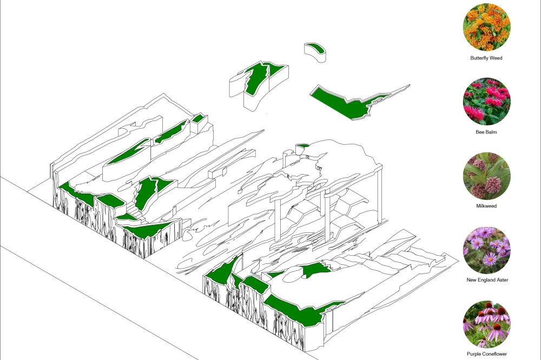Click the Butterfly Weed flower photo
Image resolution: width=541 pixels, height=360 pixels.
click(x=486, y=27)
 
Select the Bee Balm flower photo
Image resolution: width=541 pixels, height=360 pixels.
click(x=486, y=101)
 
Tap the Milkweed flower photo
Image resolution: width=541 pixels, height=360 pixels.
click(x=486, y=176)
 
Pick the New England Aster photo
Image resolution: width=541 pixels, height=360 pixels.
click(x=486, y=250)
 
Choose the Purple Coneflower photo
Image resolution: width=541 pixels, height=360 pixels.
click(x=486, y=324)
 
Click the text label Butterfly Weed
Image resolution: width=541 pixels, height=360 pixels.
click(x=486, y=58)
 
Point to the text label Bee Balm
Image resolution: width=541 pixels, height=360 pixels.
click(x=486, y=132)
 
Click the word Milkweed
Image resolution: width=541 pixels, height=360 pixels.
click(x=486, y=206)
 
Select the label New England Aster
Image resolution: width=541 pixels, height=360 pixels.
click(x=487, y=280)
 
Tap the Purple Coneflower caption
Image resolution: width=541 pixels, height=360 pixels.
click(x=487, y=354)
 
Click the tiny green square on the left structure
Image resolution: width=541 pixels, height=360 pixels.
click(x=197, y=119)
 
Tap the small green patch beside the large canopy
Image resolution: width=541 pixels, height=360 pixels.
click(x=302, y=146)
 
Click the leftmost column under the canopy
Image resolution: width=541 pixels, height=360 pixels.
click(x=278, y=221)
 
